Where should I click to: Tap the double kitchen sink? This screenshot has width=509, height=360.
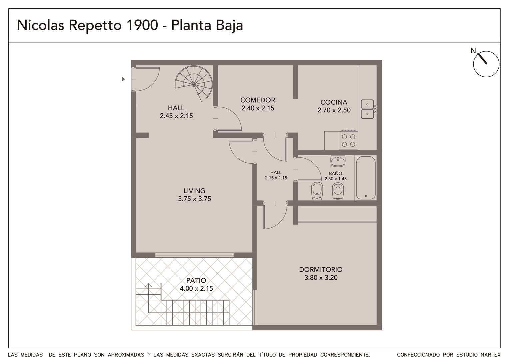click(x=367, y=109)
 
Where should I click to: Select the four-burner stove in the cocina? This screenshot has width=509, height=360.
click(x=348, y=140)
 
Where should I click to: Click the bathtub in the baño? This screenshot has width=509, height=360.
click(x=366, y=178)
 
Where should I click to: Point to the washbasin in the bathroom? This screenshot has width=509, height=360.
click(x=338, y=161)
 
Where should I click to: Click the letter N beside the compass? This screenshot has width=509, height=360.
click(x=473, y=50)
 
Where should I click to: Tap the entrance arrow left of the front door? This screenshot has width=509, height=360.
click(x=123, y=79)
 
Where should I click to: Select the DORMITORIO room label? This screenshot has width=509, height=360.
click(x=321, y=269)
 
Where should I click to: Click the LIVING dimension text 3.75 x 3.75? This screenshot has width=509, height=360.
click(x=194, y=199)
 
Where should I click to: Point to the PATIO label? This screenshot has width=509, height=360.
click(x=196, y=280)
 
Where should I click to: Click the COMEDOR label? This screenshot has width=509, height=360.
click(x=258, y=100)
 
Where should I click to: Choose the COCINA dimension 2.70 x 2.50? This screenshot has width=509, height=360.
click(x=334, y=110)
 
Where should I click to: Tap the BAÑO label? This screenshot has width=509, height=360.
click(x=335, y=173)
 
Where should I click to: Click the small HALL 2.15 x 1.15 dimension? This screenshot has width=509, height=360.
click(x=276, y=178)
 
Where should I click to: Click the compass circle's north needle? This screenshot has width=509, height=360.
click(x=482, y=59)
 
